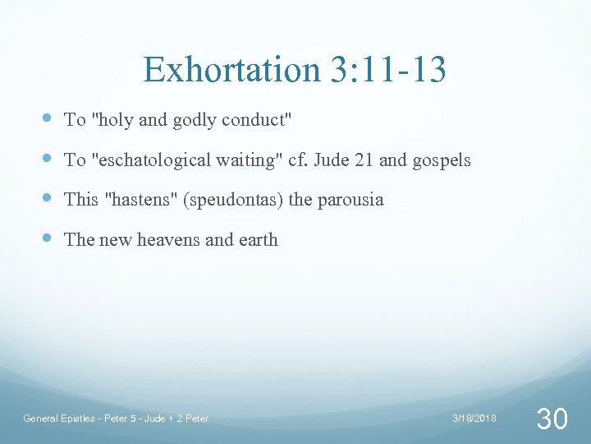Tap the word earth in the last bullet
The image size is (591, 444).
pos(258,240)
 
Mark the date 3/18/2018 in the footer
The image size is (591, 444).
pos(474,419)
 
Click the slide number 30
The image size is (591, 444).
pos(551,419)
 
